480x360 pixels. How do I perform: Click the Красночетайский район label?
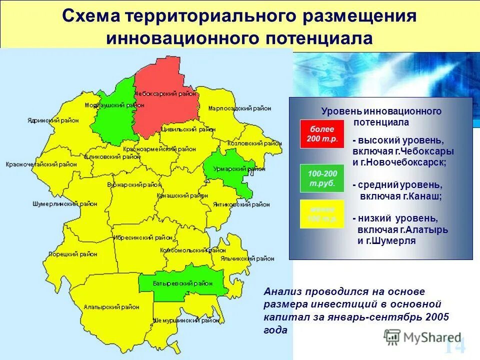(x=37, y=164)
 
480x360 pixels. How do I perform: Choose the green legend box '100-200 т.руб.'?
(x=322, y=178)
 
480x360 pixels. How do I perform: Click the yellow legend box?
(x=322, y=214)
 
